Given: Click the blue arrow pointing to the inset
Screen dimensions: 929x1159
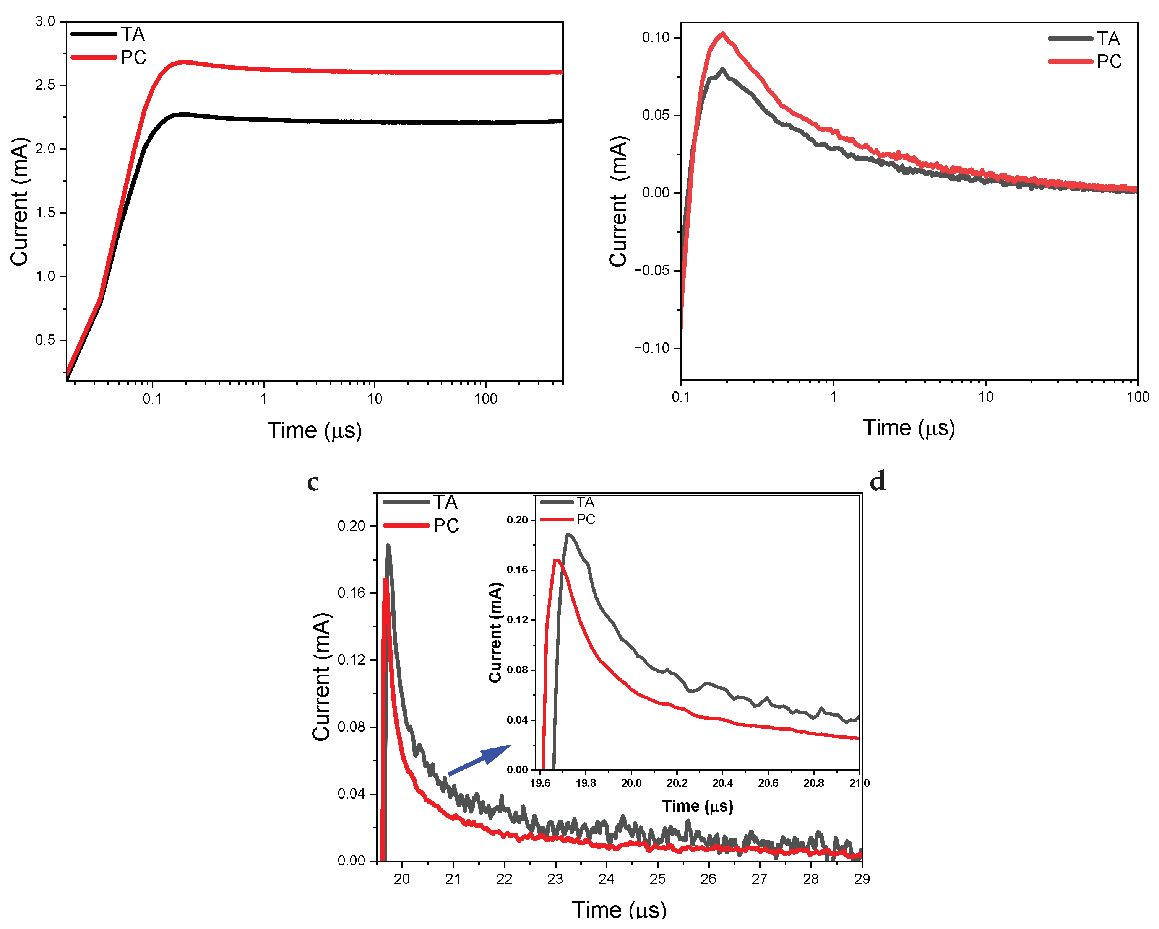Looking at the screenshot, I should click(480, 759).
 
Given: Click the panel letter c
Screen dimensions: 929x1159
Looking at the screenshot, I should click(313, 482).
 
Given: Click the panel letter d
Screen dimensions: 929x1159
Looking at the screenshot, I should click(877, 481).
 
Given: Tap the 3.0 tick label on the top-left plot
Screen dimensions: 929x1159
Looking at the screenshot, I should click(45, 21).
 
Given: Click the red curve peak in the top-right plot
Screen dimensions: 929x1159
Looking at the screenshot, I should click(723, 34).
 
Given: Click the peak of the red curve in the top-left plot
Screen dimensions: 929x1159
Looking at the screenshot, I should click(184, 62).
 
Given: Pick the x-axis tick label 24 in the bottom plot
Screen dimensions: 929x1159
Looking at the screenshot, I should click(606, 878).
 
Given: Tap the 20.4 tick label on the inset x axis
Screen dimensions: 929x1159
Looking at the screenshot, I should click(722, 783).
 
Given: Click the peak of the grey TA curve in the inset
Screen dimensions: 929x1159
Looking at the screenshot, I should click(568, 535).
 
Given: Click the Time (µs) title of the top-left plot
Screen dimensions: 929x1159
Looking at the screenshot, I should click(315, 430).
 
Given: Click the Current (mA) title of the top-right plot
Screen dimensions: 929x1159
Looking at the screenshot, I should click(619, 201).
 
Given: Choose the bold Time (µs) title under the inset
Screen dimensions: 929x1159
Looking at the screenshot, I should click(697, 805).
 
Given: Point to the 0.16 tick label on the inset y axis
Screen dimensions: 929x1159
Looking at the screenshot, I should click(517, 570).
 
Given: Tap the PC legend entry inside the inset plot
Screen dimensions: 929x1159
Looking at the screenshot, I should click(585, 519).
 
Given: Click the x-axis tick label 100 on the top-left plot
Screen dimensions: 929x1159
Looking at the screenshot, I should click(485, 399).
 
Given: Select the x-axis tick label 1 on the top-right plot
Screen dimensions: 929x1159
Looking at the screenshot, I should click(833, 397).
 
